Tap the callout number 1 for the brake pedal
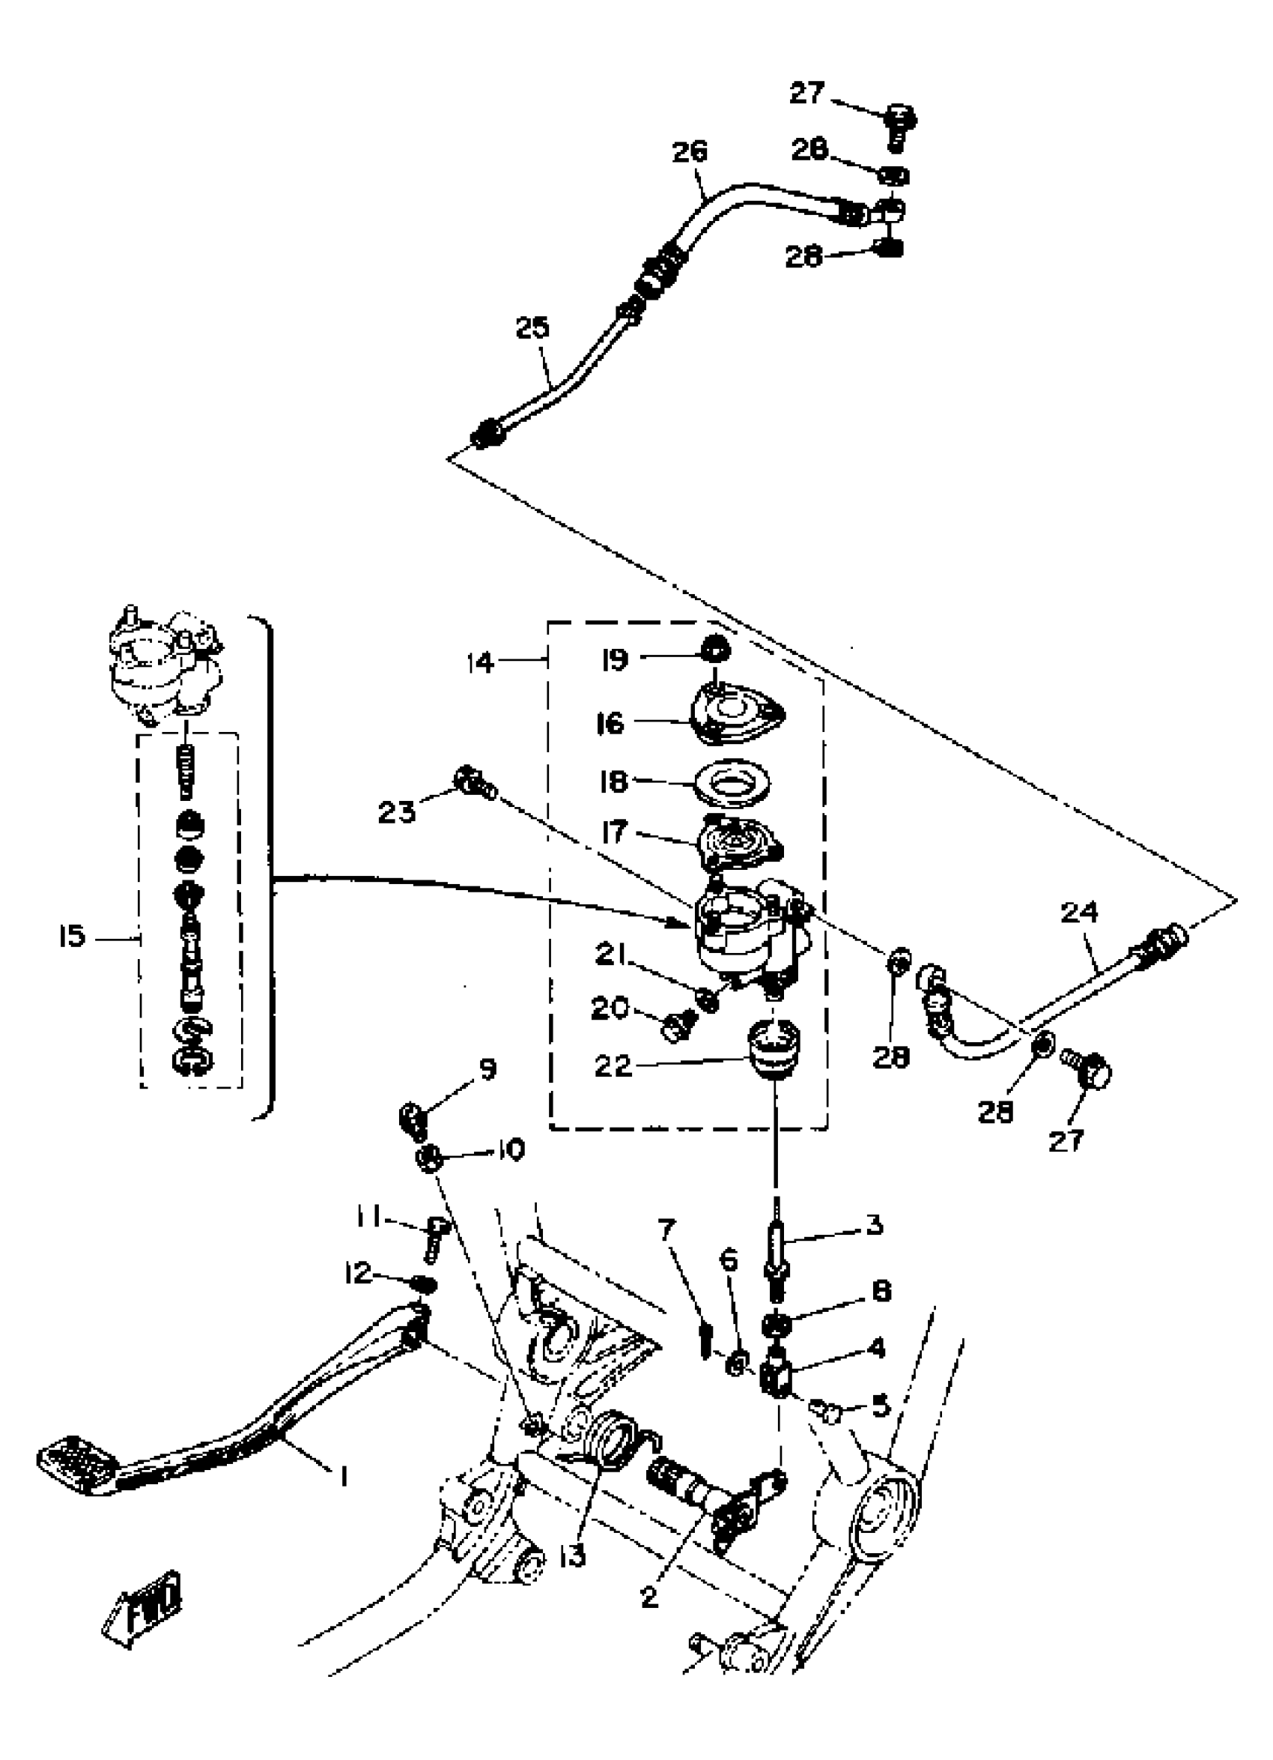(x=342, y=1475)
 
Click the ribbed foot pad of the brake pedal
(x=78, y=1458)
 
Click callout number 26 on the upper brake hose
(x=690, y=151)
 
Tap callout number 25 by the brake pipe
(x=532, y=328)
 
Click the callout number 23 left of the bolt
(x=396, y=811)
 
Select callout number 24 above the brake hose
(x=1079, y=913)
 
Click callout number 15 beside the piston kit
(x=71, y=937)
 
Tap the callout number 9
(x=487, y=1070)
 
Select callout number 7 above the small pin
(x=666, y=1230)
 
